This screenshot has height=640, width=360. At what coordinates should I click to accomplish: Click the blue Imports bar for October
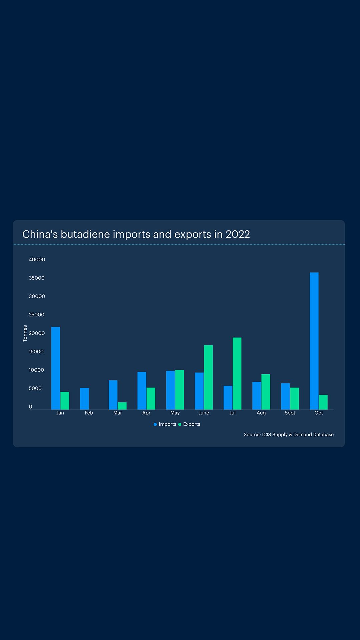pos(314,341)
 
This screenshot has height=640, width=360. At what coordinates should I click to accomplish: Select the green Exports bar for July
pos(237,373)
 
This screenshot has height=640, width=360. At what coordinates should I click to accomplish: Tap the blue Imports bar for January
pos(56,368)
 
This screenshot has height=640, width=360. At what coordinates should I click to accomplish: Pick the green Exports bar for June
pos(208,377)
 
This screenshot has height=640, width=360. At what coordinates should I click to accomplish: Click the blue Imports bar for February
pos(84,398)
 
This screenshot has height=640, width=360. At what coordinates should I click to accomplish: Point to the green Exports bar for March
pos(122,406)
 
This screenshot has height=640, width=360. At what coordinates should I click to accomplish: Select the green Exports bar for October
pos(323,402)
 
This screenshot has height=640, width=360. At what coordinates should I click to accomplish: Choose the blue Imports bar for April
pos(142,390)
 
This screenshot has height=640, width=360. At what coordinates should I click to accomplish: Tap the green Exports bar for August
pos(266,392)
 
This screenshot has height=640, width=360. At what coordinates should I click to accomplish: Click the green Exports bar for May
pos(180,389)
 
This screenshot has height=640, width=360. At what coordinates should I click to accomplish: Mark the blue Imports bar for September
pos(285,396)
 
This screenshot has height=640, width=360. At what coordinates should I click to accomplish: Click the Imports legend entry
pos(165,424)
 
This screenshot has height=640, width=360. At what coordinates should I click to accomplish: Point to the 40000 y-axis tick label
pos(37,260)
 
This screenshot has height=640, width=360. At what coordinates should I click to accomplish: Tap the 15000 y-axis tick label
pos(36,352)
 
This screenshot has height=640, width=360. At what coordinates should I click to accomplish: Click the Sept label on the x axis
pos(290,413)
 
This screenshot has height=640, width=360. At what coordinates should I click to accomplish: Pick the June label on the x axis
pos(204,413)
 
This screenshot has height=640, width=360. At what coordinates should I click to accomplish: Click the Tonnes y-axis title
pos(25,333)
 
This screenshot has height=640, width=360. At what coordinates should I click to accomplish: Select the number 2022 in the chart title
pos(238,234)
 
